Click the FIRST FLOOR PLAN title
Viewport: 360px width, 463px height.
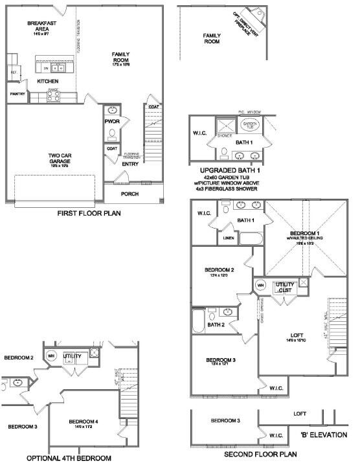(89, 213)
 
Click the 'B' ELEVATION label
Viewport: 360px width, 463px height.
(323, 435)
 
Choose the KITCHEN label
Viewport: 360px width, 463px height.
(47, 81)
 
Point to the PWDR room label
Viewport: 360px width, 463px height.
(112, 121)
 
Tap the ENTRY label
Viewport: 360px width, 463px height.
(130, 163)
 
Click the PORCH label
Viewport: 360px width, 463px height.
(130, 193)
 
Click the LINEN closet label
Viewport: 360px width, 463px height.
(228, 238)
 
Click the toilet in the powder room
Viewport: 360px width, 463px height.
(112, 134)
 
